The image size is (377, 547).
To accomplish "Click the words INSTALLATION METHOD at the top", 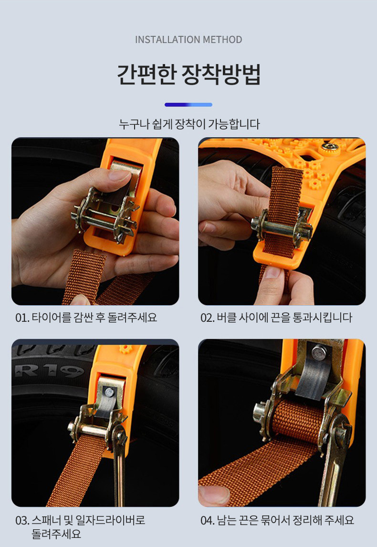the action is coord(188,39).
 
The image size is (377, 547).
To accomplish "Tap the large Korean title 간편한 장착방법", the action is coord(188,74).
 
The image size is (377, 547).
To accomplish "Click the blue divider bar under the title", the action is coord(188,105).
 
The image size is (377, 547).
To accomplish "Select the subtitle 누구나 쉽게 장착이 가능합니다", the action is coord(189,124).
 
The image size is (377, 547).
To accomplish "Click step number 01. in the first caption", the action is coord(22,317).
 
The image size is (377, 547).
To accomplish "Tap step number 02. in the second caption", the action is coord(208,317).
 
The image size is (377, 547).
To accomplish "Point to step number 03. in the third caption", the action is coord(22,521).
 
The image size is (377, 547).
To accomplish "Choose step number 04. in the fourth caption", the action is coord(208,521).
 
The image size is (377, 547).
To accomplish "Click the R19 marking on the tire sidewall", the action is coord(49,372).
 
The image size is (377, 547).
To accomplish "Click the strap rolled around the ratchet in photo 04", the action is coord(298,420).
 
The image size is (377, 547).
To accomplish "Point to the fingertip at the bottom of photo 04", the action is coord(213,495).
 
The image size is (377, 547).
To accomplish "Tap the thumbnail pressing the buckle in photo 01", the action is coord(118,175).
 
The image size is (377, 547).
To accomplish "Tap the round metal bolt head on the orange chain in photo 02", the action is coord(328,148).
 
